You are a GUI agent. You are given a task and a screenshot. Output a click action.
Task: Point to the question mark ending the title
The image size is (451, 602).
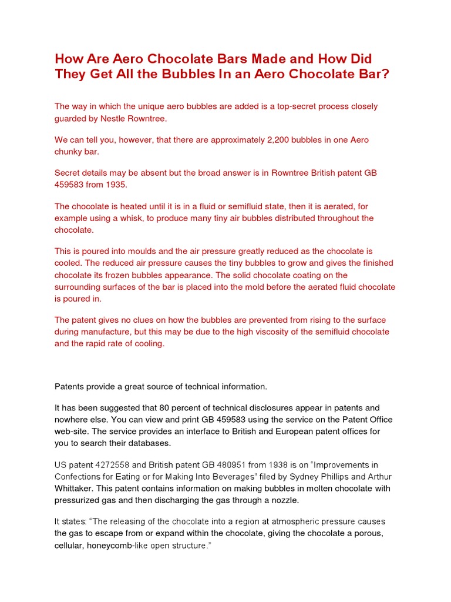tap(386, 75)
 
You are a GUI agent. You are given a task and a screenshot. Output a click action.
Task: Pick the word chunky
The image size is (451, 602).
tap(70, 152)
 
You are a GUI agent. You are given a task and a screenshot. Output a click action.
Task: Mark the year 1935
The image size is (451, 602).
tap(115, 185)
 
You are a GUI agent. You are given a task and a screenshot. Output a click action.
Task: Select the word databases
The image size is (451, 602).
tap(149, 443)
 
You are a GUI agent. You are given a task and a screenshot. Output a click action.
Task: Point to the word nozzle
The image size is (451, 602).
tap(281, 500)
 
